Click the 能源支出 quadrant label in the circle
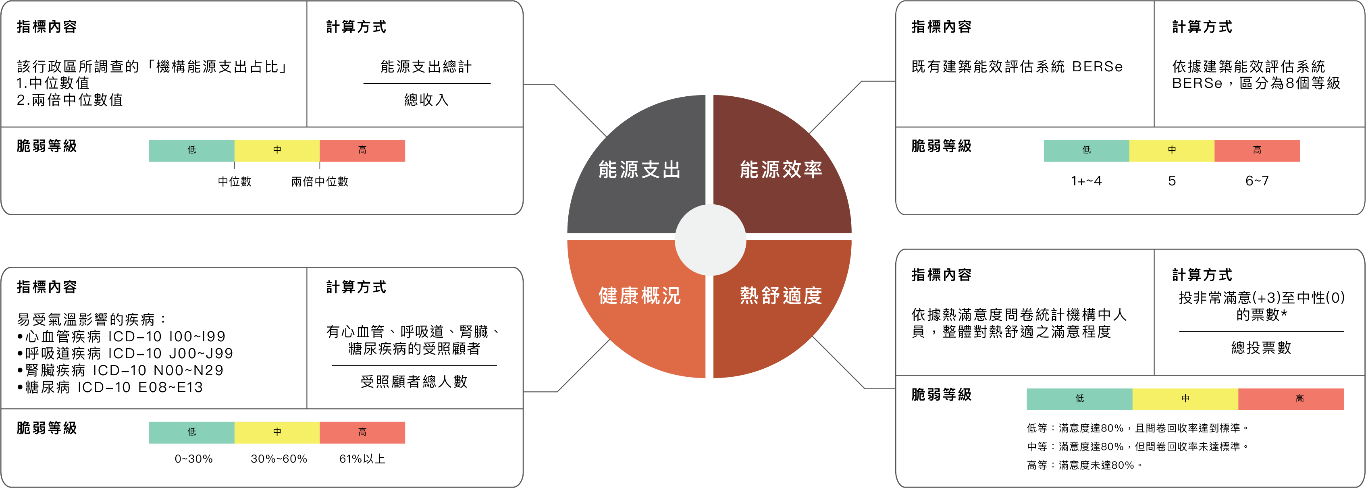click(x=640, y=170)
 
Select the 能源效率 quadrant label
click(x=781, y=170)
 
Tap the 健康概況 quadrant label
click(x=640, y=295)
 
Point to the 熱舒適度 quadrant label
click(x=781, y=295)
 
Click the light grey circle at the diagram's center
click(x=710, y=240)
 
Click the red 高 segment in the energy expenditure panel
click(x=362, y=151)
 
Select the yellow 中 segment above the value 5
click(x=1171, y=151)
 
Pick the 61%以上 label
click(x=362, y=459)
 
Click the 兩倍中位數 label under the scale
click(x=320, y=181)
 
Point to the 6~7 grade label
click(x=1257, y=181)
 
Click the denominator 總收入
click(x=426, y=100)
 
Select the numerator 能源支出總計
click(x=426, y=67)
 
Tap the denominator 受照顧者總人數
click(x=414, y=381)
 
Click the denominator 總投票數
click(x=1261, y=347)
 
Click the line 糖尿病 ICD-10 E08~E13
click(x=110, y=387)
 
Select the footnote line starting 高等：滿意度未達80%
click(x=1084, y=465)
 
